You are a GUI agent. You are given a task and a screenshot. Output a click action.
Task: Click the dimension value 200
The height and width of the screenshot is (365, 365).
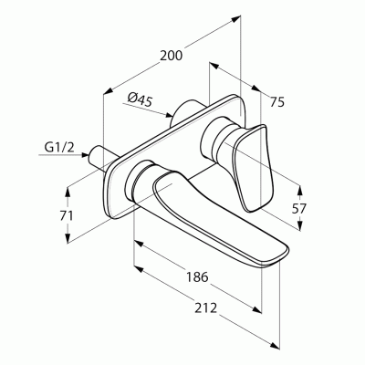(x=172, y=56)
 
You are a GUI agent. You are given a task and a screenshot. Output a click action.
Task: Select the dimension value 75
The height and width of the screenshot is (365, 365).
(x=277, y=101)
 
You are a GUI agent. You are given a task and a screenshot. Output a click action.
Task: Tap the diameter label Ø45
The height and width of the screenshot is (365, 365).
(x=140, y=99)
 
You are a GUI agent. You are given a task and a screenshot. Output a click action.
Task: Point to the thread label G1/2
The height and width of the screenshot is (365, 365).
(x=59, y=147)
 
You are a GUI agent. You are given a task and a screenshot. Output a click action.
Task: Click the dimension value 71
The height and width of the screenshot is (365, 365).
(x=67, y=215)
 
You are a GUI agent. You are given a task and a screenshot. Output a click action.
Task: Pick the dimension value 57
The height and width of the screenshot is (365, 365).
(x=299, y=209)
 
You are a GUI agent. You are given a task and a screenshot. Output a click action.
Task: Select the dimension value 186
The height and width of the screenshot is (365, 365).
(x=197, y=277)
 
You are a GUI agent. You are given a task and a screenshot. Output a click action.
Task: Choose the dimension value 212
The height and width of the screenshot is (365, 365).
(x=206, y=308)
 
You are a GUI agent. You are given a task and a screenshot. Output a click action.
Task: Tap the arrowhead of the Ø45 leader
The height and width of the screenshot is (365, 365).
(x=169, y=115)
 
